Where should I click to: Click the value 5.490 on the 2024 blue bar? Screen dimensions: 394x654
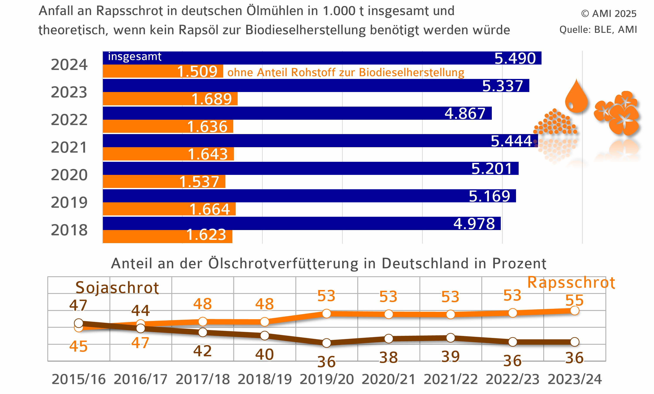point(515,58)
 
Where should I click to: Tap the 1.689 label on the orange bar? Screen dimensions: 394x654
point(211,99)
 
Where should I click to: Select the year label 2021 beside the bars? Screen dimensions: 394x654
point(69,148)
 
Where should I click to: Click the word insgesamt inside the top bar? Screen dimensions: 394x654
point(135,56)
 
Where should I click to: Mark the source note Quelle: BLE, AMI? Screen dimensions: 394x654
point(598,29)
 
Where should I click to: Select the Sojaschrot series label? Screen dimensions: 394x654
point(117,288)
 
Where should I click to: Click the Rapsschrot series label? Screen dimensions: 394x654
point(571,283)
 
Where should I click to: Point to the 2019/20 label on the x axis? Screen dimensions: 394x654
point(327,379)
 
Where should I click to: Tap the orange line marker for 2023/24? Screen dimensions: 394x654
point(575,310)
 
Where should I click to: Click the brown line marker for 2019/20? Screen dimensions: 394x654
point(327,343)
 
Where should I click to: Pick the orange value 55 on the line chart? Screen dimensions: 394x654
point(574,300)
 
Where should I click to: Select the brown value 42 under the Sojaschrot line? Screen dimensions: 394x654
point(202,351)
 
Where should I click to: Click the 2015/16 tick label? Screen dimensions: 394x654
point(78,379)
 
